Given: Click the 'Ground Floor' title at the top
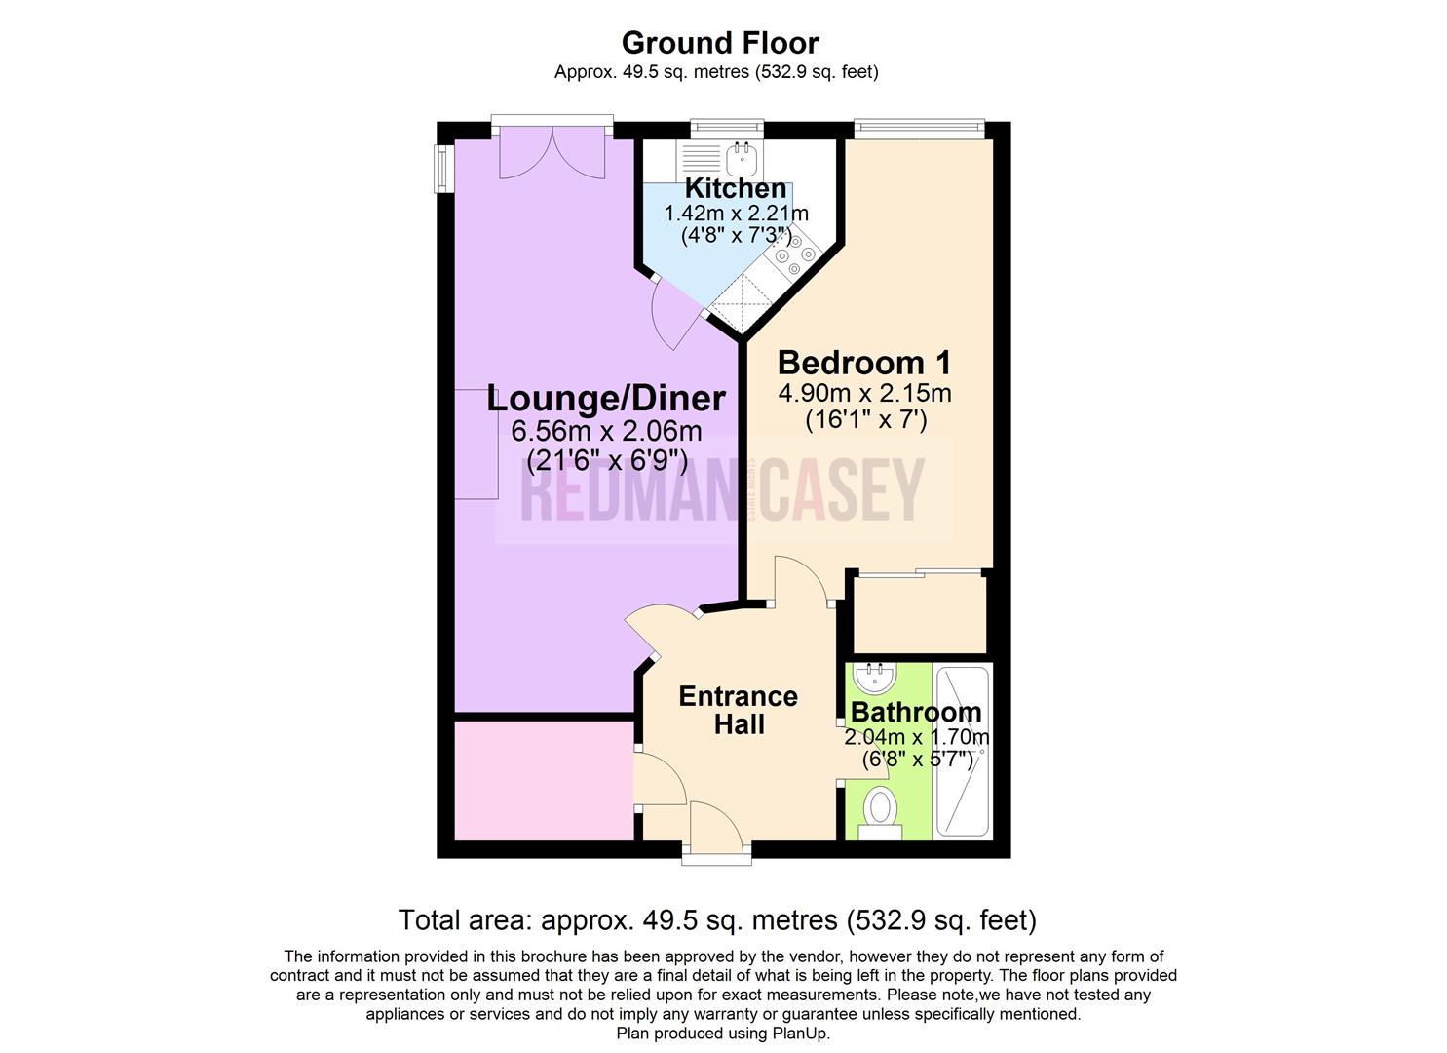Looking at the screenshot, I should tap(720, 43).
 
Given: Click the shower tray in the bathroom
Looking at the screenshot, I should tap(962, 751).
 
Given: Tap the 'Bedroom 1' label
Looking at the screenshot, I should tap(864, 363).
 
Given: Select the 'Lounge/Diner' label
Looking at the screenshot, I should tap(605, 398).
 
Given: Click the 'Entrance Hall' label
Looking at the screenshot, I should tap(738, 710).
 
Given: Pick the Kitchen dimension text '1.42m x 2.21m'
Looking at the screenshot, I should tap(736, 214).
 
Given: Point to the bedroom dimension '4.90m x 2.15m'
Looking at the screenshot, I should tap(864, 394).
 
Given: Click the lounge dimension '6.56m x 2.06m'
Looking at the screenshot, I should tap(605, 430).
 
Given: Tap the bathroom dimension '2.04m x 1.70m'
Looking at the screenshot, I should tap(917, 737).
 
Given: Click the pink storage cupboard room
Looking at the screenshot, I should tap(543, 779).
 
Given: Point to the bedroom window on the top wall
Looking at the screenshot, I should tap(919, 126).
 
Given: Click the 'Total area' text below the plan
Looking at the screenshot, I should tap(716, 919).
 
